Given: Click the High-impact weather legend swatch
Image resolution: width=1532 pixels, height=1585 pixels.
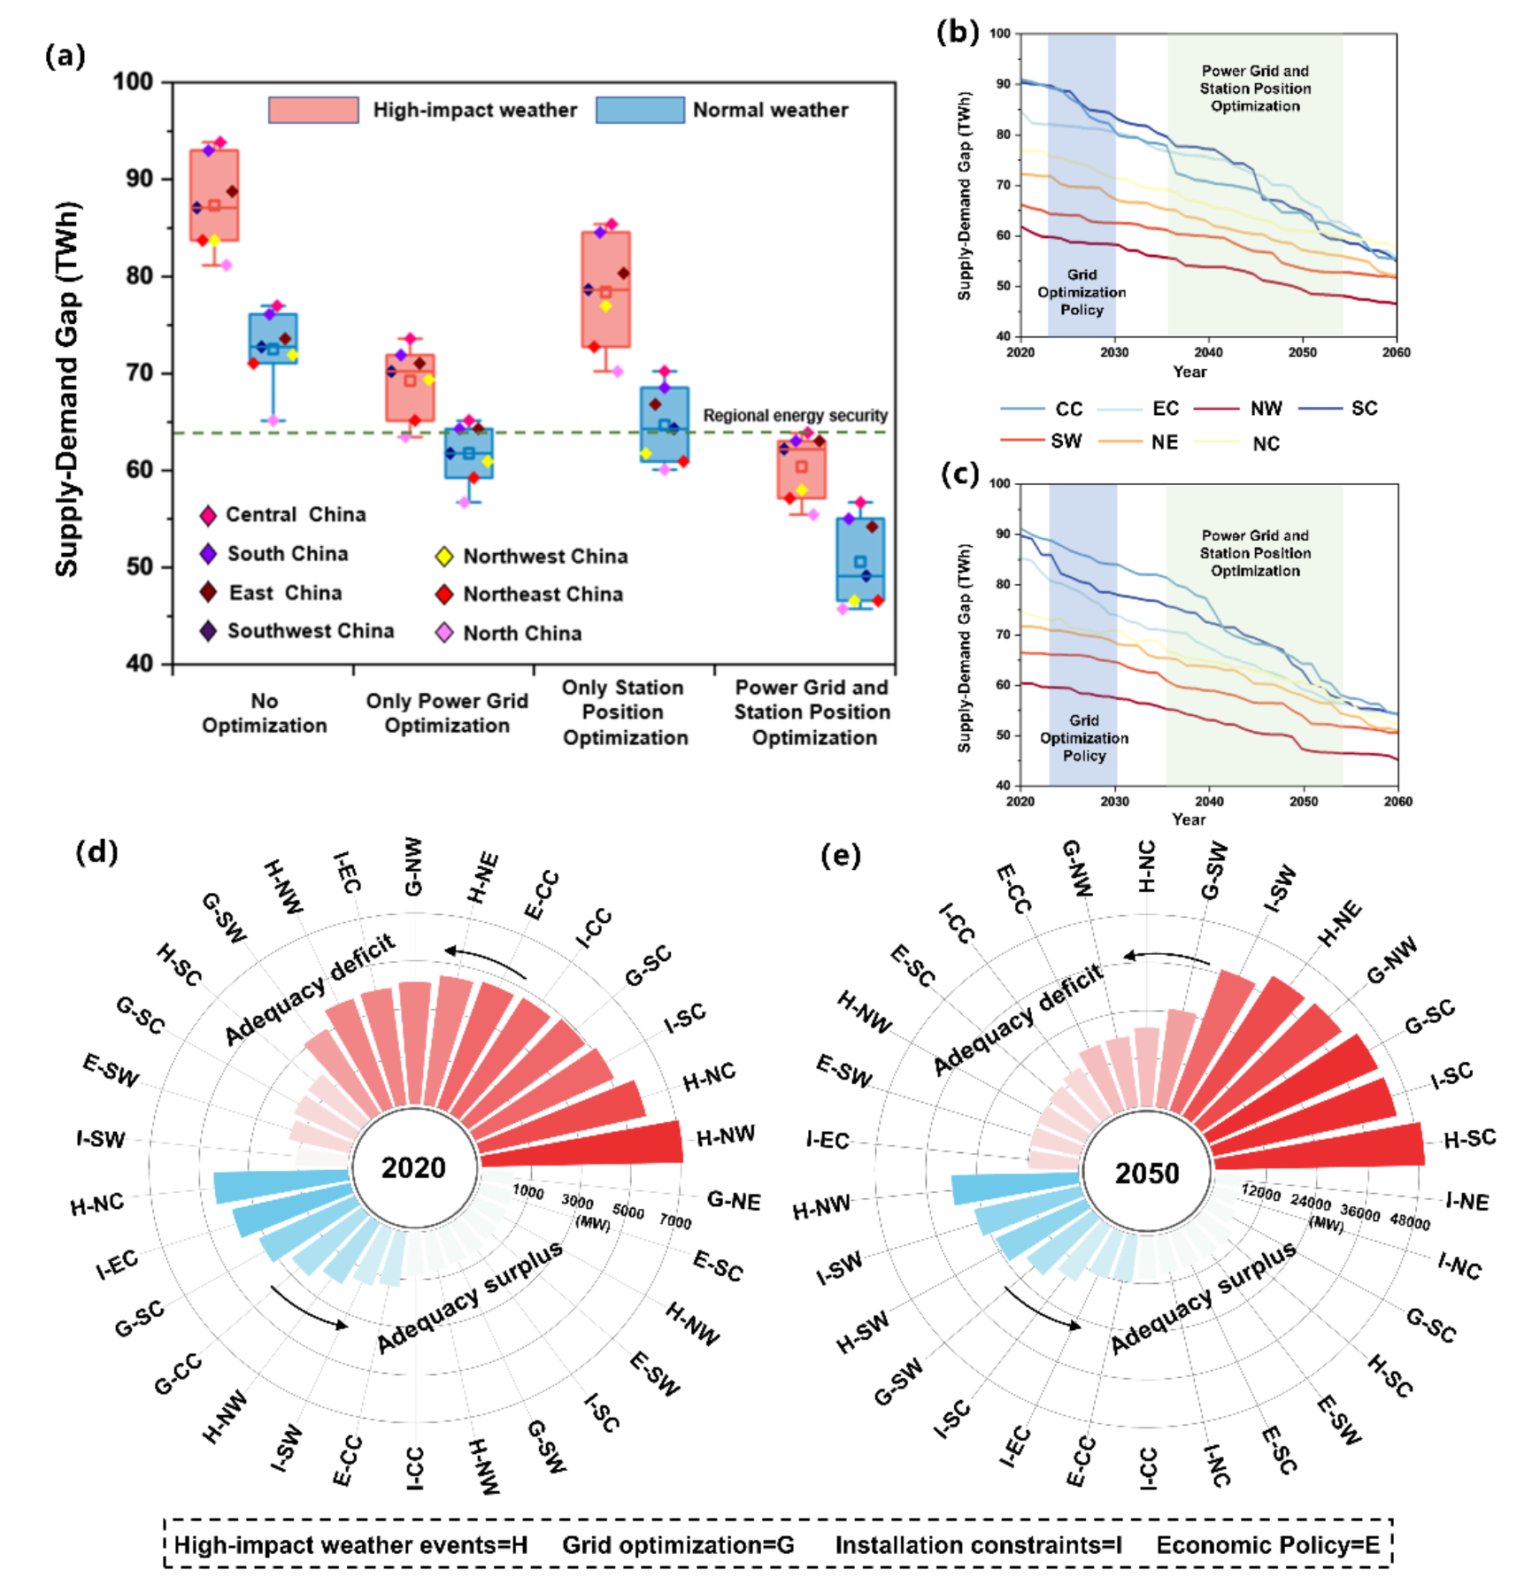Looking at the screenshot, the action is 313,110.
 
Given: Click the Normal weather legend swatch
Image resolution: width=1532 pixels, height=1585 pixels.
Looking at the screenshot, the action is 640,110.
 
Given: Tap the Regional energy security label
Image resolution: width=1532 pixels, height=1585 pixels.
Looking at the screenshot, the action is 796,415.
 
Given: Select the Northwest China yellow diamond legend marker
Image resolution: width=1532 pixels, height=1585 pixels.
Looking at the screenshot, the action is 444,557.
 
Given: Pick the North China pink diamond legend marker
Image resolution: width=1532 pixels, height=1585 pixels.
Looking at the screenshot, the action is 444,633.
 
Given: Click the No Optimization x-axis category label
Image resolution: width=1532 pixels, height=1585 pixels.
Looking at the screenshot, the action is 265,713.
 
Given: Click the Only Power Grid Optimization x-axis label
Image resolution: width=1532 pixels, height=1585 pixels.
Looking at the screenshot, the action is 447,713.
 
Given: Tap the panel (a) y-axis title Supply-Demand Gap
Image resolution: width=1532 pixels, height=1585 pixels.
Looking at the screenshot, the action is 68,389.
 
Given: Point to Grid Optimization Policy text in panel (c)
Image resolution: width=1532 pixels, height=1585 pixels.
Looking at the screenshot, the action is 1084,738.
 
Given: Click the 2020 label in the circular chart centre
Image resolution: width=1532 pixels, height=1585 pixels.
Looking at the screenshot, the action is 413,1167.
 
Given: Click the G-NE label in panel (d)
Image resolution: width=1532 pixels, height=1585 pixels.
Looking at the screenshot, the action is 734,1201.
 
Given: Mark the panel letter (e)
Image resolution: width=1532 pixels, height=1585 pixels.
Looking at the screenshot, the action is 840,856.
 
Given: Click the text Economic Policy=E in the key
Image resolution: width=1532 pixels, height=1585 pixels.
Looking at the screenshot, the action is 1268,1545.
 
